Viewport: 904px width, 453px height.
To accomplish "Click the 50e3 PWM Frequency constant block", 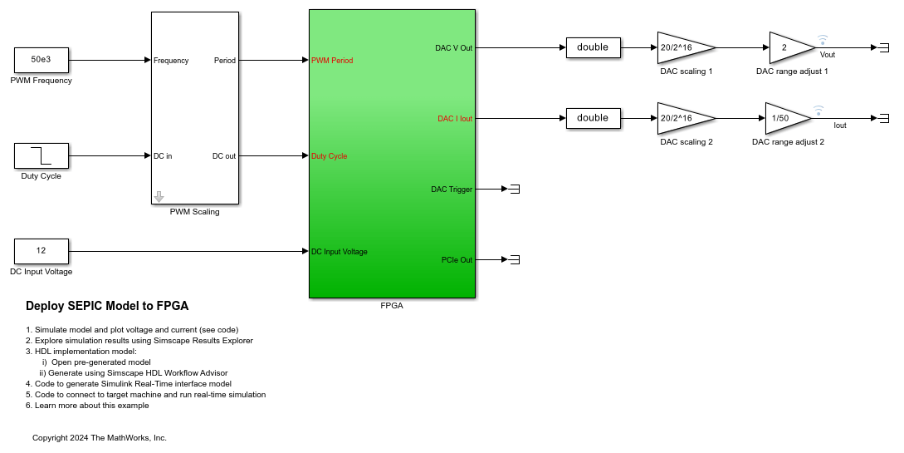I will pos(41,60).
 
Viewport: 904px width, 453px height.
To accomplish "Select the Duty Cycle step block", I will pos(41,155).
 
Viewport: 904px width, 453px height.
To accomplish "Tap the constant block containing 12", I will pos(41,251).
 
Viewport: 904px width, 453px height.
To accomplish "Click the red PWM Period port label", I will pos(332,61).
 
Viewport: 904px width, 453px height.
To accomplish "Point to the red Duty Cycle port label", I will pos(329,156).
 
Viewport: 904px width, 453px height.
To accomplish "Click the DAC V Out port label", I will pos(453,48).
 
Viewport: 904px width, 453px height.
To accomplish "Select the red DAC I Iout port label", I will pos(455,119).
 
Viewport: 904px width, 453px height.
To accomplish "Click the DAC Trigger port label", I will pos(452,190).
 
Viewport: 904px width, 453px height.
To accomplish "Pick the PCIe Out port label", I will pos(457,260).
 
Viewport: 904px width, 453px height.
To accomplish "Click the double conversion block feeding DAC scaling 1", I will pos(593,47).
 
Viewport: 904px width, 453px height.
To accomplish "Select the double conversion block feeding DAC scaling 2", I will pos(593,118).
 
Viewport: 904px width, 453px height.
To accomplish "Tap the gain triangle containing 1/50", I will pos(784,119).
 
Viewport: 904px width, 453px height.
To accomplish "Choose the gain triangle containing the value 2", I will pos(789,48).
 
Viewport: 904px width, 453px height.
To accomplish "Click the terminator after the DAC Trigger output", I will pos(514,190).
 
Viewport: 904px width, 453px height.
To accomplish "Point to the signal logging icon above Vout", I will pos(823,40).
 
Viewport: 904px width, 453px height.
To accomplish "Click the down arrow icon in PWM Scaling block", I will pos(159,197).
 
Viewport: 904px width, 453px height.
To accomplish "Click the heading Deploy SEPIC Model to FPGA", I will pos(107,306).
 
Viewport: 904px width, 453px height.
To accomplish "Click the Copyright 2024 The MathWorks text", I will pos(100,437).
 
